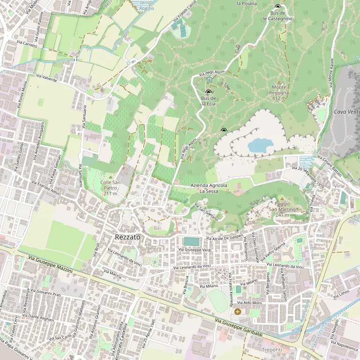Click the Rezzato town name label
click(x=127, y=238)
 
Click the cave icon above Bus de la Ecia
click(x=208, y=92)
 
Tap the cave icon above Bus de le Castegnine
click(x=277, y=7)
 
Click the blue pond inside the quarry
click(x=258, y=145)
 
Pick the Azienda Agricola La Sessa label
click(x=209, y=188)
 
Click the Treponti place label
click(x=272, y=350)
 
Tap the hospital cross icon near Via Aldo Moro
click(x=238, y=311)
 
